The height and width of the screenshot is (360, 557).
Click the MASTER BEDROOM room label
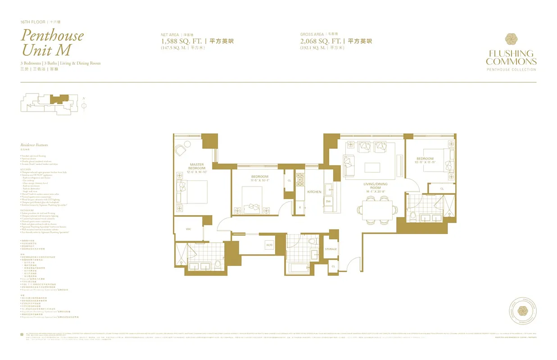point(197,166)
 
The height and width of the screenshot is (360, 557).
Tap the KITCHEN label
point(314,192)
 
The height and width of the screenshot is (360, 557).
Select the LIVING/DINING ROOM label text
point(375,186)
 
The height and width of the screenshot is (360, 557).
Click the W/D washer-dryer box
point(269,245)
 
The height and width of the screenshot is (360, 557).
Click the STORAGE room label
point(331,249)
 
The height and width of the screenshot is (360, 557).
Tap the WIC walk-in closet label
point(189,229)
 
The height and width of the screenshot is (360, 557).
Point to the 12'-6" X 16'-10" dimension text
point(197,171)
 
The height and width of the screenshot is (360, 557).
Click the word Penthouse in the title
point(52,35)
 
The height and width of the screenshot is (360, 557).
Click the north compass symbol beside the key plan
point(84,105)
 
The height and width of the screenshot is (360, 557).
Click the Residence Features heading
point(34,145)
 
